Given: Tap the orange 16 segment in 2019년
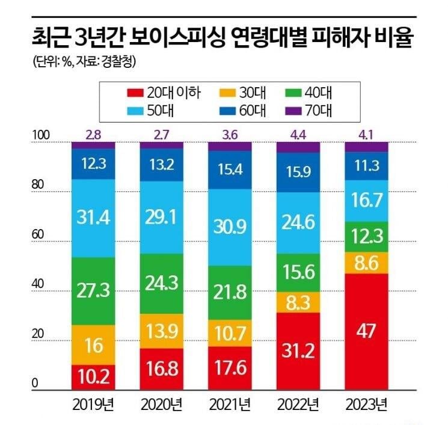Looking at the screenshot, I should click(93, 345).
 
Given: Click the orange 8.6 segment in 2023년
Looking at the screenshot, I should click(363, 263).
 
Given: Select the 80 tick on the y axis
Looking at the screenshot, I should click(38, 185).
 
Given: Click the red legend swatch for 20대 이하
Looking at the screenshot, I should click(135, 93).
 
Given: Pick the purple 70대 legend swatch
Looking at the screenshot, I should click(290, 110).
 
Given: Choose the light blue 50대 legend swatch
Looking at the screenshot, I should click(135, 110).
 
